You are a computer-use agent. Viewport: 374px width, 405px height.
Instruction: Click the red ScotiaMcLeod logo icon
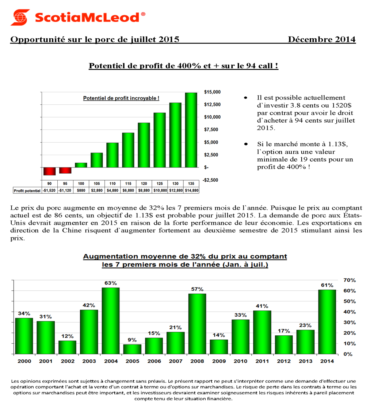click(20, 17)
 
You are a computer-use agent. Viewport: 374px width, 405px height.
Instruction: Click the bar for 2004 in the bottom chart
click(110, 321)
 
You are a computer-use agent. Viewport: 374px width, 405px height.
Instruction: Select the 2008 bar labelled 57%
click(198, 324)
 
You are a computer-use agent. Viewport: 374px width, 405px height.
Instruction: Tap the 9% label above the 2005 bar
click(132, 340)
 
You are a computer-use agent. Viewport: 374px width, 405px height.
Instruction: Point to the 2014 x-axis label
click(327, 361)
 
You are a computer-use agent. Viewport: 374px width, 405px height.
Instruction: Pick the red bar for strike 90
click(49, 171)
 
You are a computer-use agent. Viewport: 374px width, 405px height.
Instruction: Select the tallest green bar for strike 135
click(191, 130)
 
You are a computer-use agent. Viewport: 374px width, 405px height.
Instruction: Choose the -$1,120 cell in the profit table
click(65, 190)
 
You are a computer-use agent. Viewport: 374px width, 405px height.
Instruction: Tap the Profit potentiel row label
click(27, 190)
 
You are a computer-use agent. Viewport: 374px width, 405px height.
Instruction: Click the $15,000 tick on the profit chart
click(212, 92)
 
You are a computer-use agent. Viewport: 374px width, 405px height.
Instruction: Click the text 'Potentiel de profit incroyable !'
click(121, 99)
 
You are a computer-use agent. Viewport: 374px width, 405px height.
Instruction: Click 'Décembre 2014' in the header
click(321, 39)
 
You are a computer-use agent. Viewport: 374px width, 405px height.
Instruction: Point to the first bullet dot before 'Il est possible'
click(245, 98)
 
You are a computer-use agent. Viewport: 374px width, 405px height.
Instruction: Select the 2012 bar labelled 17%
click(284, 344)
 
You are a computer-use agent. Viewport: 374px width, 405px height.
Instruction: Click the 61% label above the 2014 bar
click(327, 285)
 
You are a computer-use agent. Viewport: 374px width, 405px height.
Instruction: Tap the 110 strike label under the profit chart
click(112, 184)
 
